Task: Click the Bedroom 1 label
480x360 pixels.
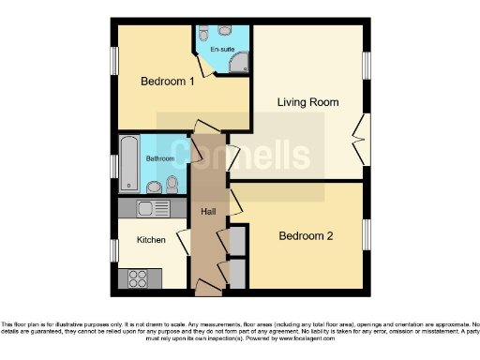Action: click(x=167, y=82)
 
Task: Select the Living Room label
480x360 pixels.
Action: click(x=307, y=101)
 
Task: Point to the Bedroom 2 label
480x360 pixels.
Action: click(x=306, y=236)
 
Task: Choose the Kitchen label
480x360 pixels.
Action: click(x=151, y=240)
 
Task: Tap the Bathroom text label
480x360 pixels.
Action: click(x=159, y=158)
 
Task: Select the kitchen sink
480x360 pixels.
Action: click(x=149, y=208)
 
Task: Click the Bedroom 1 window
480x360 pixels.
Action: click(x=114, y=65)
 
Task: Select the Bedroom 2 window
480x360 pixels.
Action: click(x=367, y=234)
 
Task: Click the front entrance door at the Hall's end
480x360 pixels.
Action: click(x=208, y=284)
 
